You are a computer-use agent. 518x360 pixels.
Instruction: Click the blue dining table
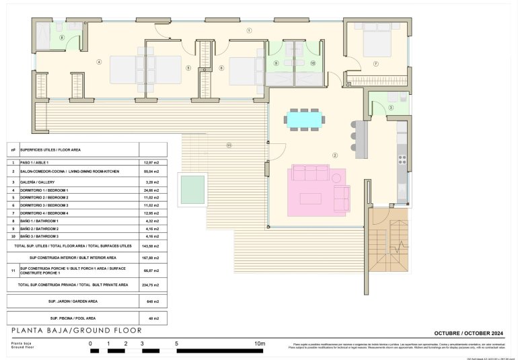[305, 119]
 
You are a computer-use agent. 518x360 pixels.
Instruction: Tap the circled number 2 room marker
[334, 155]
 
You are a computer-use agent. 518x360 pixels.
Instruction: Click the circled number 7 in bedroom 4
[375, 64]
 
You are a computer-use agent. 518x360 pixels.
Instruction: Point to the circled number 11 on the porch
[229, 145]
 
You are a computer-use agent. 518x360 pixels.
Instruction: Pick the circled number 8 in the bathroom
[62, 38]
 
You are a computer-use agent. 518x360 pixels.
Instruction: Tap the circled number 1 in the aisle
[249, 30]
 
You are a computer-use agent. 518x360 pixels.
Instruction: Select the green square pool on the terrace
[192, 189]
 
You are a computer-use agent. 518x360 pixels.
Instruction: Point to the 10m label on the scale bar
[260, 344]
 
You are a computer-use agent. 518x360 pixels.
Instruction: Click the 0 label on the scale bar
[90, 344]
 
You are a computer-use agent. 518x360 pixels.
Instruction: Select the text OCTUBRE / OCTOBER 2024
[470, 333]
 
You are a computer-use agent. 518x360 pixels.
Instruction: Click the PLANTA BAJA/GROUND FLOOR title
[77, 331]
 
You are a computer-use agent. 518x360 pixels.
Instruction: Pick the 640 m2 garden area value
[152, 301]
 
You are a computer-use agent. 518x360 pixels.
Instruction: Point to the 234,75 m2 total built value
[152, 285]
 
